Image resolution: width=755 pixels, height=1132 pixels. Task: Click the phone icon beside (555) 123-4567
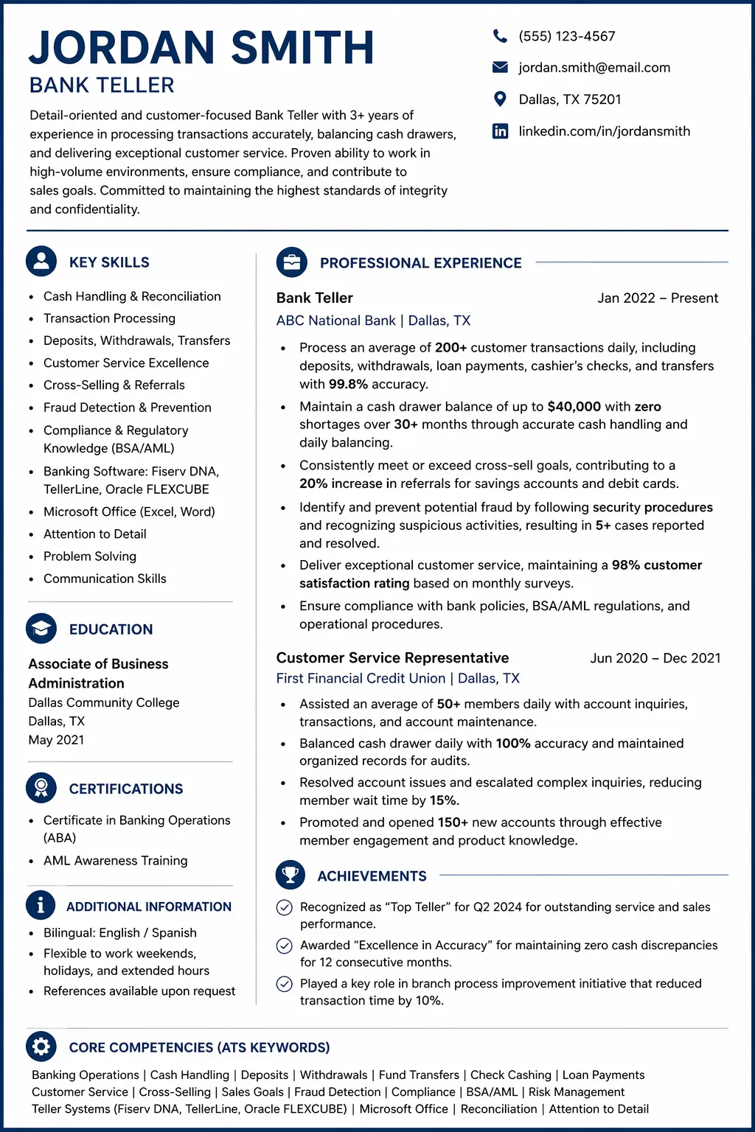tap(500, 36)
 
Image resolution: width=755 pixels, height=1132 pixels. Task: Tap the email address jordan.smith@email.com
tap(594, 68)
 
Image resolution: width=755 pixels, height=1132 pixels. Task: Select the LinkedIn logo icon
tap(500, 131)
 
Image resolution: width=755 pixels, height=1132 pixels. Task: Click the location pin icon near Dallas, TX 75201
tap(500, 99)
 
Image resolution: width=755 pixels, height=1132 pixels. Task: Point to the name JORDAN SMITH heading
tap(201, 48)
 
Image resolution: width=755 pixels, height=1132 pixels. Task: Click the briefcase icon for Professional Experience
tap(291, 262)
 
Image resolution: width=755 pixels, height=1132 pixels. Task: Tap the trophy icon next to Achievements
tap(290, 875)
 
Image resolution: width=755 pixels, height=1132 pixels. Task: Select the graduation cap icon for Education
tap(41, 629)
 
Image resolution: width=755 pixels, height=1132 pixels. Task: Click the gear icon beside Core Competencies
tap(41, 1047)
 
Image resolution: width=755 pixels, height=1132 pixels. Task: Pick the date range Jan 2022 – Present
tap(657, 298)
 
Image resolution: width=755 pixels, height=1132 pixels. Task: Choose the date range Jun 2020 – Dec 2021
tap(655, 658)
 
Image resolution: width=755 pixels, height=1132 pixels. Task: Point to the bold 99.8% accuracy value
tap(349, 384)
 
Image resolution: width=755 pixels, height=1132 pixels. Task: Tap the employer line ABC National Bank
tap(336, 321)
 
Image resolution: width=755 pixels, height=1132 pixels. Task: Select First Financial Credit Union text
tap(361, 678)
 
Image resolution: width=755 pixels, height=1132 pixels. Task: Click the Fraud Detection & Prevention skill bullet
tap(127, 408)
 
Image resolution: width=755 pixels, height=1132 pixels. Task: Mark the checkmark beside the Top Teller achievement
tap(284, 907)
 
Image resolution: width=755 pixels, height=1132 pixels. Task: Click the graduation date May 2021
tap(56, 740)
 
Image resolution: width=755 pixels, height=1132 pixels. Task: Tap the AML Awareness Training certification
tap(115, 861)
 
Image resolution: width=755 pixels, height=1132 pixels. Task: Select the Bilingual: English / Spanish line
tap(119, 933)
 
